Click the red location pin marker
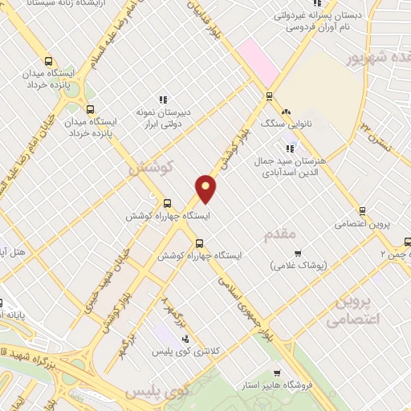click(x=206, y=187)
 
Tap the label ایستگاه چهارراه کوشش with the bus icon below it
click(x=169, y=216)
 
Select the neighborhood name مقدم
click(x=280, y=234)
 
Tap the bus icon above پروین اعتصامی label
click(x=362, y=211)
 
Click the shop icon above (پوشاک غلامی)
click(x=297, y=254)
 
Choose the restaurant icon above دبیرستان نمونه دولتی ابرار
click(x=163, y=100)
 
